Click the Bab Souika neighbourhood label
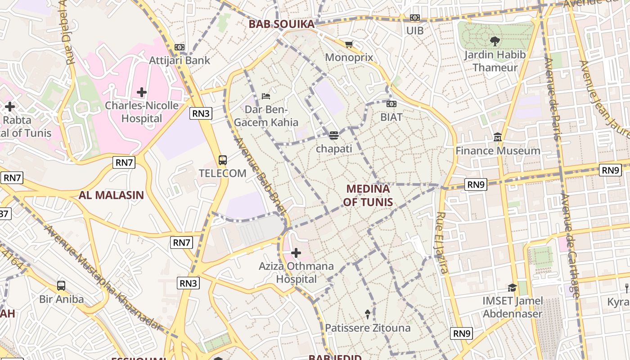pyautogui.click(x=282, y=24)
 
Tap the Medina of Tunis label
pyautogui.click(x=368, y=195)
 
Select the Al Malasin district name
pyautogui.click(x=111, y=195)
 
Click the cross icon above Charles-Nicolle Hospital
pyautogui.click(x=142, y=92)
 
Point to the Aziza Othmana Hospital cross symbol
pyautogui.click(x=296, y=253)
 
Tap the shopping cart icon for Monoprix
pyautogui.click(x=349, y=44)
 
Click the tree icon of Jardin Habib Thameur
pyautogui.click(x=495, y=41)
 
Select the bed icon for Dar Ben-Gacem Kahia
pyautogui.click(x=266, y=96)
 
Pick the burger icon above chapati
pyautogui.click(x=333, y=135)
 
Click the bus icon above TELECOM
pyautogui.click(x=222, y=160)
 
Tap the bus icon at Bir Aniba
pyautogui.click(x=61, y=285)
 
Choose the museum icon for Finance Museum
pyautogui.click(x=498, y=137)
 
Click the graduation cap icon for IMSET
pyautogui.click(x=512, y=287)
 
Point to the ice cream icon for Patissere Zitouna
pyautogui.click(x=368, y=314)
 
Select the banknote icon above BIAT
pyautogui.click(x=391, y=104)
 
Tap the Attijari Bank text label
pyautogui.click(x=180, y=60)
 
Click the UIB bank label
pyautogui.click(x=415, y=31)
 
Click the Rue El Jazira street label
pyautogui.click(x=441, y=243)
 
